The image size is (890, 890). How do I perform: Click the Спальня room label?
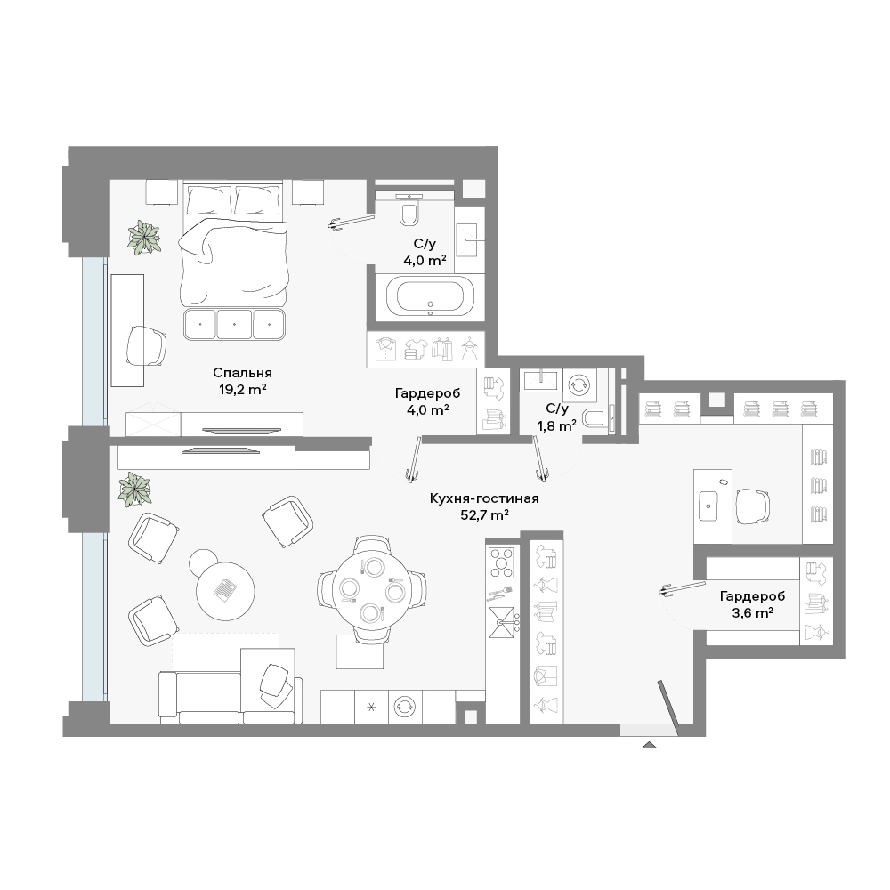[x=242, y=373]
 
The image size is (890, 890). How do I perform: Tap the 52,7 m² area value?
[x=484, y=514]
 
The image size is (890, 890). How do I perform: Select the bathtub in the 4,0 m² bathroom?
[x=430, y=297]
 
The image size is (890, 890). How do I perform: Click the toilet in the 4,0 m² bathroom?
[x=409, y=208]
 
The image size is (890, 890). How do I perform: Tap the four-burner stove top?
[x=502, y=562]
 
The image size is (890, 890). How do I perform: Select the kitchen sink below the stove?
[x=502, y=623]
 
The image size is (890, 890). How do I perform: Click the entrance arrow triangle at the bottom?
[x=649, y=745]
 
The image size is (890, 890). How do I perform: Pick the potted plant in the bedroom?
[x=143, y=238]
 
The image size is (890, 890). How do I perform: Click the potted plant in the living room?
[x=134, y=489]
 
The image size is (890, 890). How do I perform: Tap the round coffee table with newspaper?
[x=225, y=591]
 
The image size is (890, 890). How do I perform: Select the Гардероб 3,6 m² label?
[x=752, y=604]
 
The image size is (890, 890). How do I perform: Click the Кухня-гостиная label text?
[x=484, y=498]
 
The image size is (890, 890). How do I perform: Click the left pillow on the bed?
[x=209, y=199]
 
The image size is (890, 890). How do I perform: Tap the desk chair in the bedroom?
[x=146, y=346]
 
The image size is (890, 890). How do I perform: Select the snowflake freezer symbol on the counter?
[x=371, y=708]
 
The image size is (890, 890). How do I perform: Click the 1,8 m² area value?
[x=557, y=425]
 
